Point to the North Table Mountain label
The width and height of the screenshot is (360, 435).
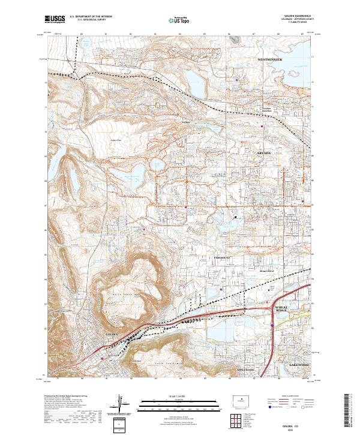[126, 295]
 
